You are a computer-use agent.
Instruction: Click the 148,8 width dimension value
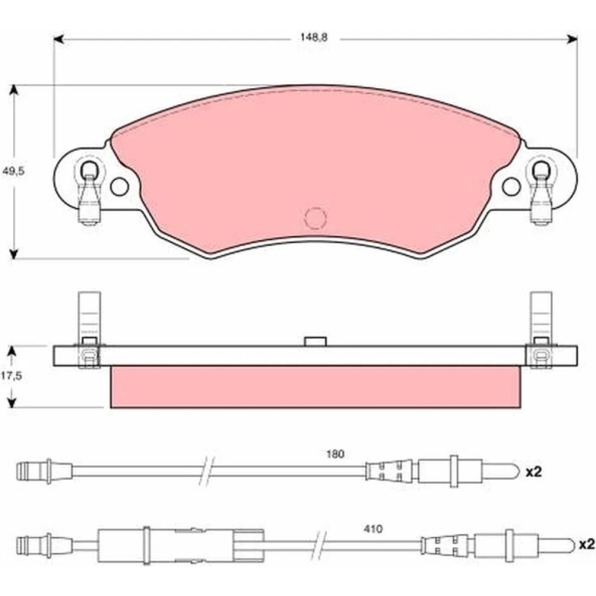pyautogui.click(x=313, y=37)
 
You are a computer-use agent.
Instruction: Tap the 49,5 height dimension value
pyautogui.click(x=13, y=171)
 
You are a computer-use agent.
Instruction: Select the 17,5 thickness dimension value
pyautogui.click(x=11, y=376)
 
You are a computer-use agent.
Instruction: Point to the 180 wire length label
pyautogui.click(x=335, y=454)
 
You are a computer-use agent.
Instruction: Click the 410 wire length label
pyautogui.click(x=373, y=529)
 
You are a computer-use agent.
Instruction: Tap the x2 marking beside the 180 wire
pyautogui.click(x=533, y=472)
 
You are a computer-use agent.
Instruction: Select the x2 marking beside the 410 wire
pyautogui.click(x=586, y=545)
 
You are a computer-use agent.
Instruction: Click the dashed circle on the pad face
pyautogui.click(x=315, y=218)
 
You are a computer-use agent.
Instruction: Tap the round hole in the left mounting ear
pyautogui.click(x=119, y=186)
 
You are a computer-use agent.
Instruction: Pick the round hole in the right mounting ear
pyautogui.click(x=511, y=186)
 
